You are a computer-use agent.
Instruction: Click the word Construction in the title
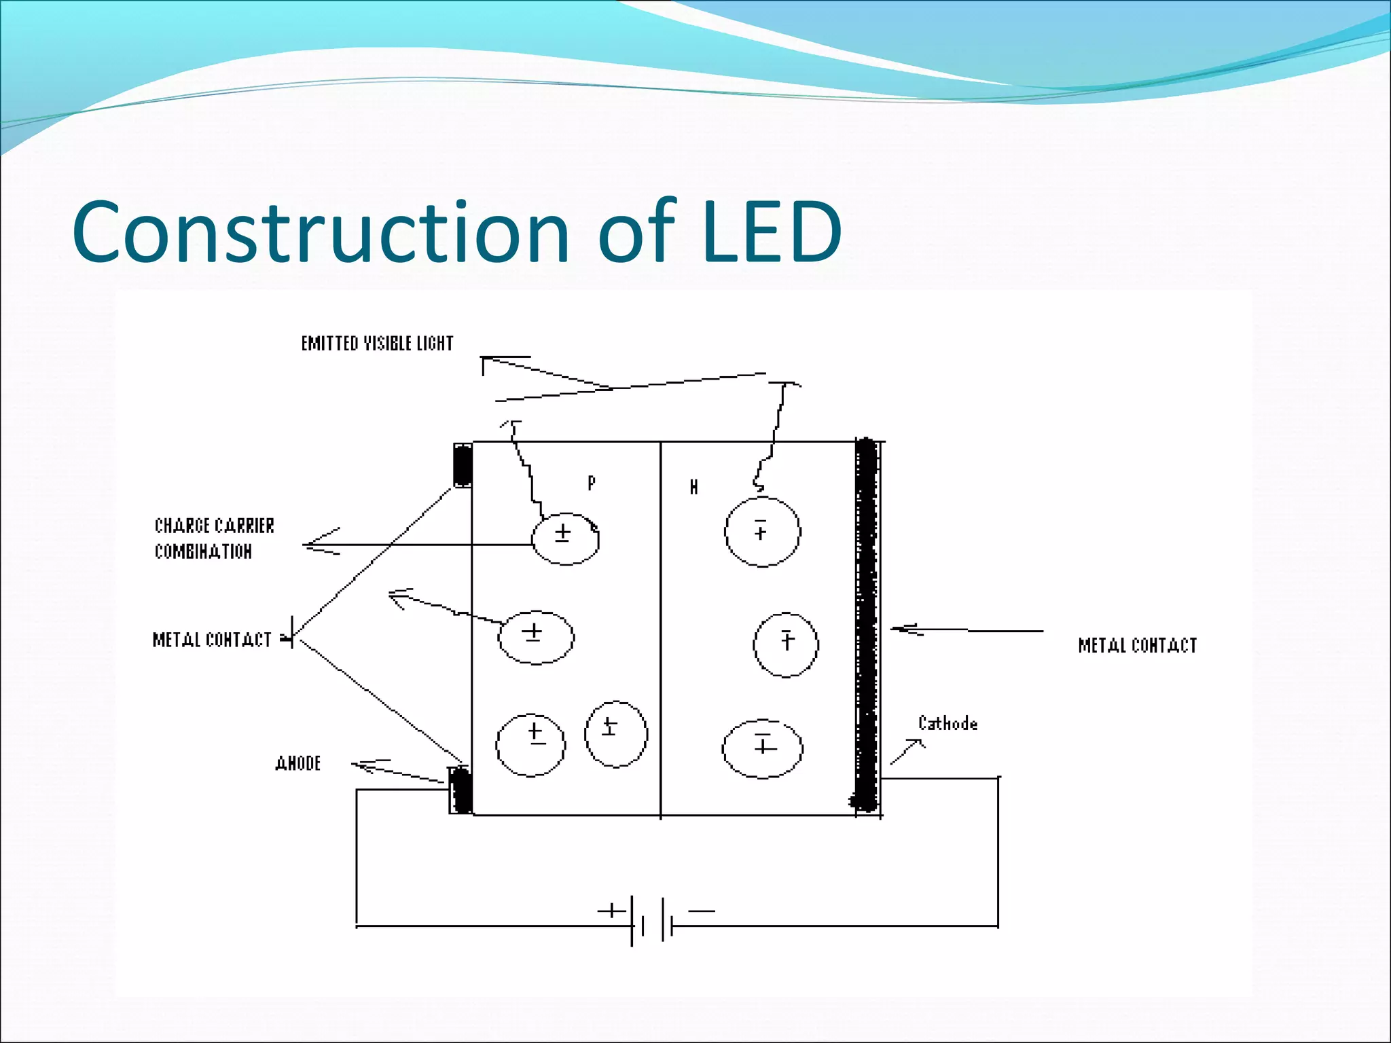[319, 232]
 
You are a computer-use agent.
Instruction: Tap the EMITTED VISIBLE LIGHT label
[377, 344]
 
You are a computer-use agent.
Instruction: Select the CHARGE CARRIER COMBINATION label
[213, 538]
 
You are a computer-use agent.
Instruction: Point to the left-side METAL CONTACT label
[212, 640]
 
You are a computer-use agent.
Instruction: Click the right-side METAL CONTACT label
[1137, 645]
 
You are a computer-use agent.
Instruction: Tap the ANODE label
[298, 763]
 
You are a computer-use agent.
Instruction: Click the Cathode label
[947, 723]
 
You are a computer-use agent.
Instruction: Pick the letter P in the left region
[592, 483]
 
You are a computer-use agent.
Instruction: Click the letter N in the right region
[693, 487]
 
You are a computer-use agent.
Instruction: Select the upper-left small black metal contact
[463, 465]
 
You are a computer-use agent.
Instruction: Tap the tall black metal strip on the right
[865, 625]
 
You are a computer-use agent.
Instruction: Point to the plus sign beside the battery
[611, 911]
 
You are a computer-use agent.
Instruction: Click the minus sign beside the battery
[702, 911]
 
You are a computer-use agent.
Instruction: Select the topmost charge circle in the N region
[762, 531]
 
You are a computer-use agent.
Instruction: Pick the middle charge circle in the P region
[536, 637]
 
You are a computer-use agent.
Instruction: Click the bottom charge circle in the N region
[762, 748]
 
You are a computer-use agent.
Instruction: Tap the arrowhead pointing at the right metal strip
[902, 629]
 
